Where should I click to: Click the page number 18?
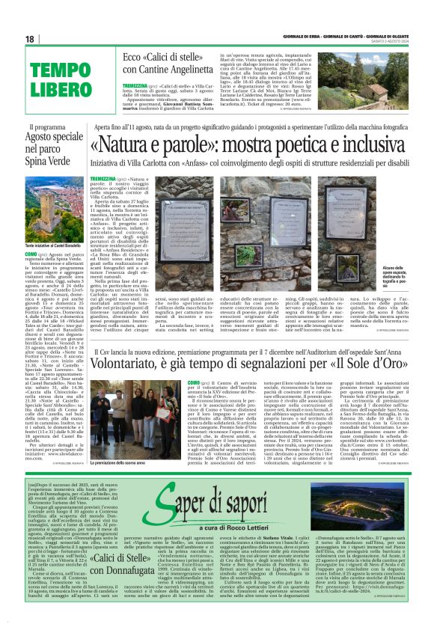pyautogui.click(x=30, y=39)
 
